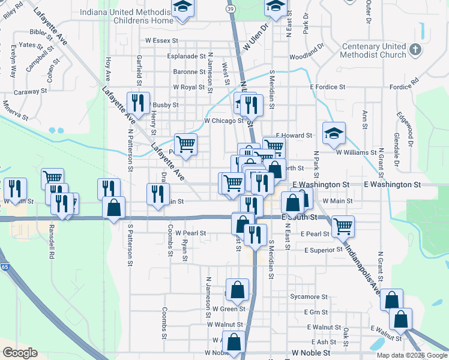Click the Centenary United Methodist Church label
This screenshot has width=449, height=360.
374,51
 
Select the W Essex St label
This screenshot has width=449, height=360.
162,41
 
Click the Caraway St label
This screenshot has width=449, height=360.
31,91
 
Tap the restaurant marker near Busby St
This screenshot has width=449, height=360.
139,103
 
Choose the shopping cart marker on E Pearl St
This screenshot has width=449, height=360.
343,226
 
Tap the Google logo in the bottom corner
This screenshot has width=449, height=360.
20,353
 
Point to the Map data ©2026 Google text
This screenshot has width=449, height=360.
411,355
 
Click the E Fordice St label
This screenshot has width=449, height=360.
328,87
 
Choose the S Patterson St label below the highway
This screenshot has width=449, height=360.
130,246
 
